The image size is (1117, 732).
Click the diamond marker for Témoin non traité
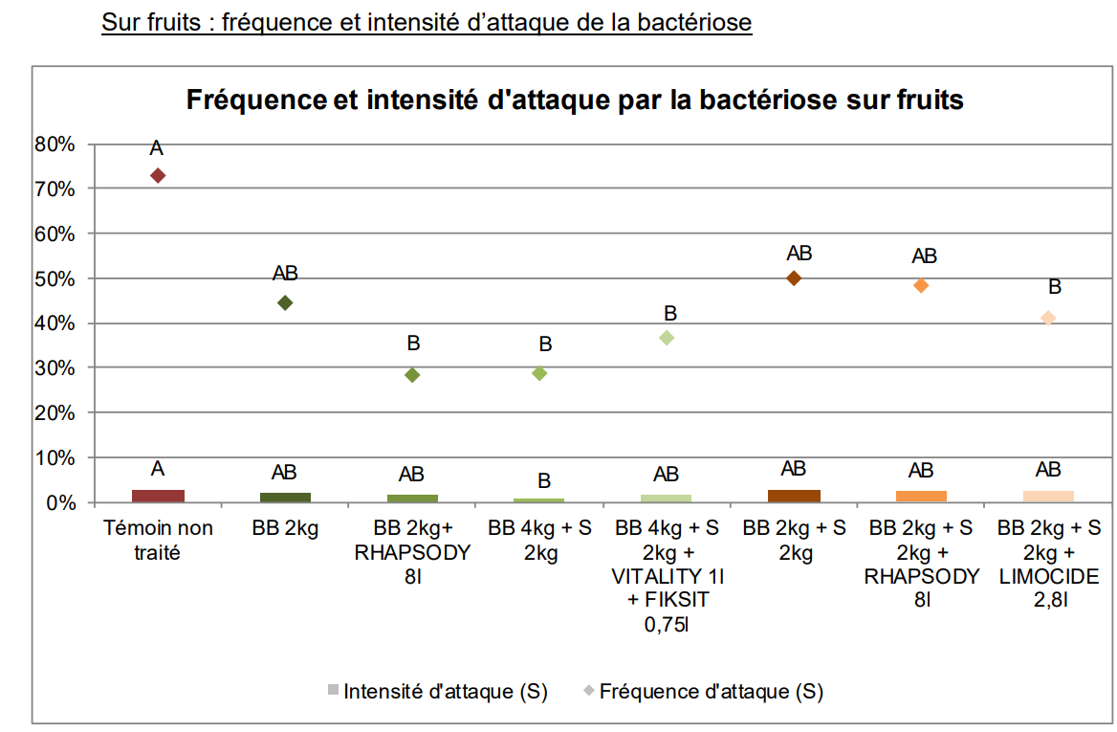(x=158, y=175)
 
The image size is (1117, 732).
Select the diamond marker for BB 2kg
(x=284, y=302)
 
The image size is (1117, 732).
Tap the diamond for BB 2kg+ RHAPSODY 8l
(x=412, y=375)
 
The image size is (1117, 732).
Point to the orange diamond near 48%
(x=921, y=285)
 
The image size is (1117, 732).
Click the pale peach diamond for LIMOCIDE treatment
(x=1048, y=318)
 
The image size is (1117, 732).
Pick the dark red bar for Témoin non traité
(x=158, y=496)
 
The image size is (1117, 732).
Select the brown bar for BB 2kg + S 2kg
(x=794, y=496)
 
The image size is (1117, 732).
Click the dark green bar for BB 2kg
(x=284, y=498)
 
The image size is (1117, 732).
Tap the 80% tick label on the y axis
(x=55, y=144)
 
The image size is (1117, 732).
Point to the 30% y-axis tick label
(x=55, y=368)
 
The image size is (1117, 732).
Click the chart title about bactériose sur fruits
(x=574, y=100)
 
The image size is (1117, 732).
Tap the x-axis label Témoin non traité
(x=158, y=539)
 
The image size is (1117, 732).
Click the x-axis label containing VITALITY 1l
(x=667, y=576)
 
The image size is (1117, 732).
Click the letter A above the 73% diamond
(x=157, y=148)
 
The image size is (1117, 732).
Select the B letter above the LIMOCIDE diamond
(x=1055, y=287)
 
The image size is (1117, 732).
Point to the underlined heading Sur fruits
(x=427, y=22)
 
